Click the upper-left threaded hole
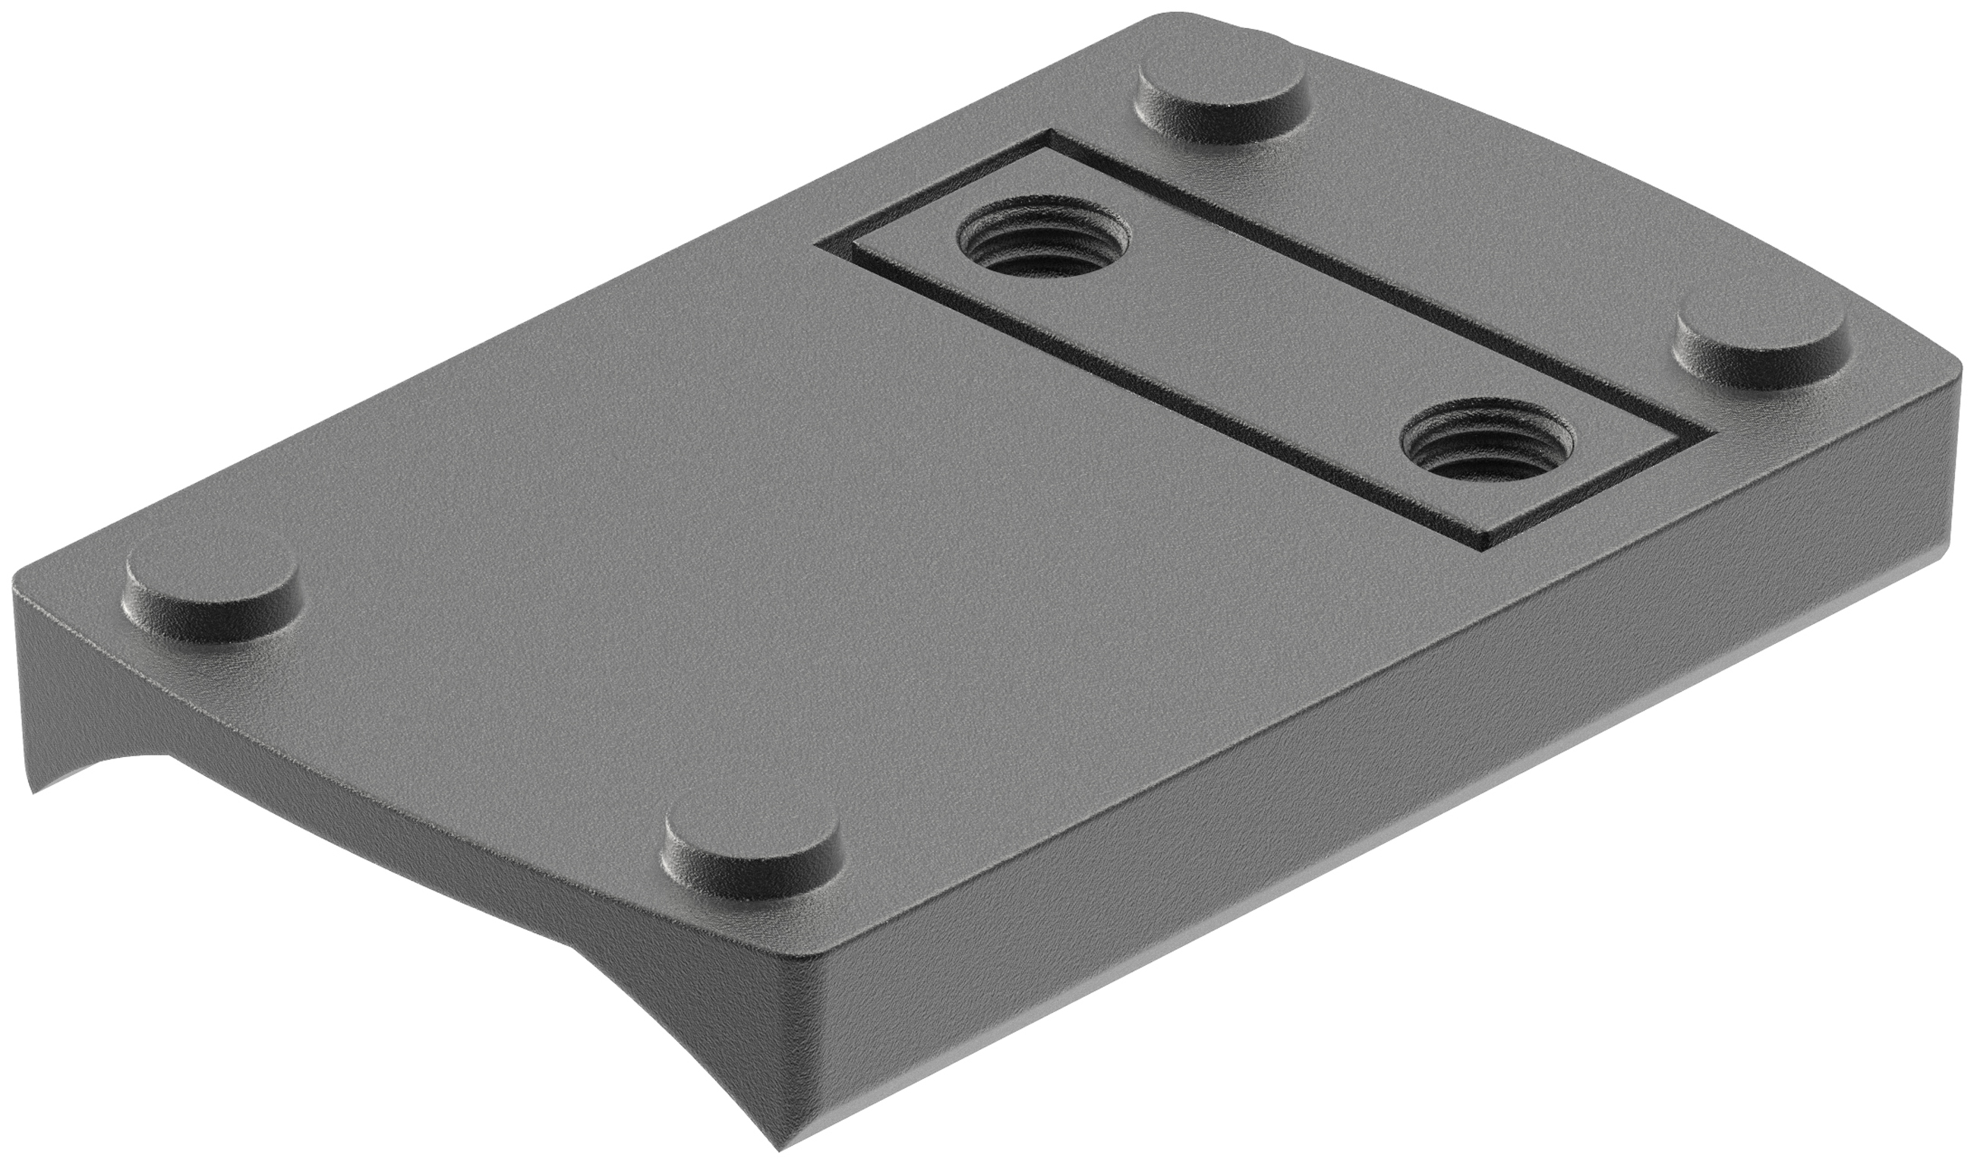(1044, 241)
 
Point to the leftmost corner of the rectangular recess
(817, 244)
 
